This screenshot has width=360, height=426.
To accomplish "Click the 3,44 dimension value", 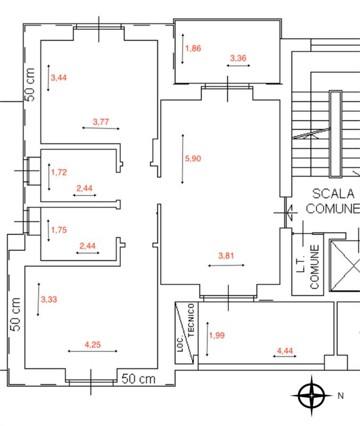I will pyautogui.click(x=59, y=78).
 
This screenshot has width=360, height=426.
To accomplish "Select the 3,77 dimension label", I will pyautogui.click(x=101, y=122).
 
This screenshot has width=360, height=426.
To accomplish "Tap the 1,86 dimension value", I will pyautogui.click(x=193, y=48).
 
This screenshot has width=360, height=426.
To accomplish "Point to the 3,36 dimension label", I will pyautogui.click(x=238, y=59).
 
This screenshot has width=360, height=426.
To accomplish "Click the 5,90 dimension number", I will pyautogui.click(x=193, y=158).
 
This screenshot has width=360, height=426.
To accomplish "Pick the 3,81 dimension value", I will pyautogui.click(x=226, y=256).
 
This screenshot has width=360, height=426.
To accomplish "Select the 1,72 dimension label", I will pyautogui.click(x=59, y=173).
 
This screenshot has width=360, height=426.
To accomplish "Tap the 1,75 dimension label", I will pyautogui.click(x=59, y=230).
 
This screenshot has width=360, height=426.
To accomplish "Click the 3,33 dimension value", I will pyautogui.click(x=48, y=299).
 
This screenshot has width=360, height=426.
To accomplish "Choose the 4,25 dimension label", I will pyautogui.click(x=93, y=345).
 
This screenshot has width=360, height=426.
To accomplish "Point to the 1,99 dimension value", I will pyautogui.click(x=217, y=335).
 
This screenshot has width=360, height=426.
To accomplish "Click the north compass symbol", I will pyautogui.click(x=312, y=396).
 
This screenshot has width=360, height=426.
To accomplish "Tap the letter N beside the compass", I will pyautogui.click(x=340, y=396).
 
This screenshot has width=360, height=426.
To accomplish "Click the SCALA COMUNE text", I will pyautogui.click(x=333, y=201).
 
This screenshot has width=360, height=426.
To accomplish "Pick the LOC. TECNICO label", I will pyautogui.click(x=186, y=333).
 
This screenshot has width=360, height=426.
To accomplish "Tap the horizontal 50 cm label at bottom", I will pyautogui.click(x=138, y=379).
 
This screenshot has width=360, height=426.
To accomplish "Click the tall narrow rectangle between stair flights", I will pyautogui.click(x=335, y=134).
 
